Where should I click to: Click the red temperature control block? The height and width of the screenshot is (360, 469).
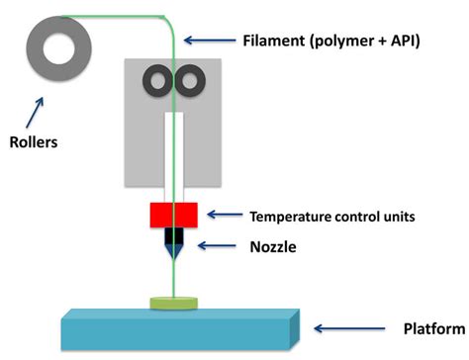[x=175, y=215]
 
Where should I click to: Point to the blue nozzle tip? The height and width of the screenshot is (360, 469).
[x=174, y=251]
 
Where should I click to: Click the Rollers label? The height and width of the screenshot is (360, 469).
[x=30, y=141]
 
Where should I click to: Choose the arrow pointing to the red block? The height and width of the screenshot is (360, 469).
[x=225, y=215]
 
